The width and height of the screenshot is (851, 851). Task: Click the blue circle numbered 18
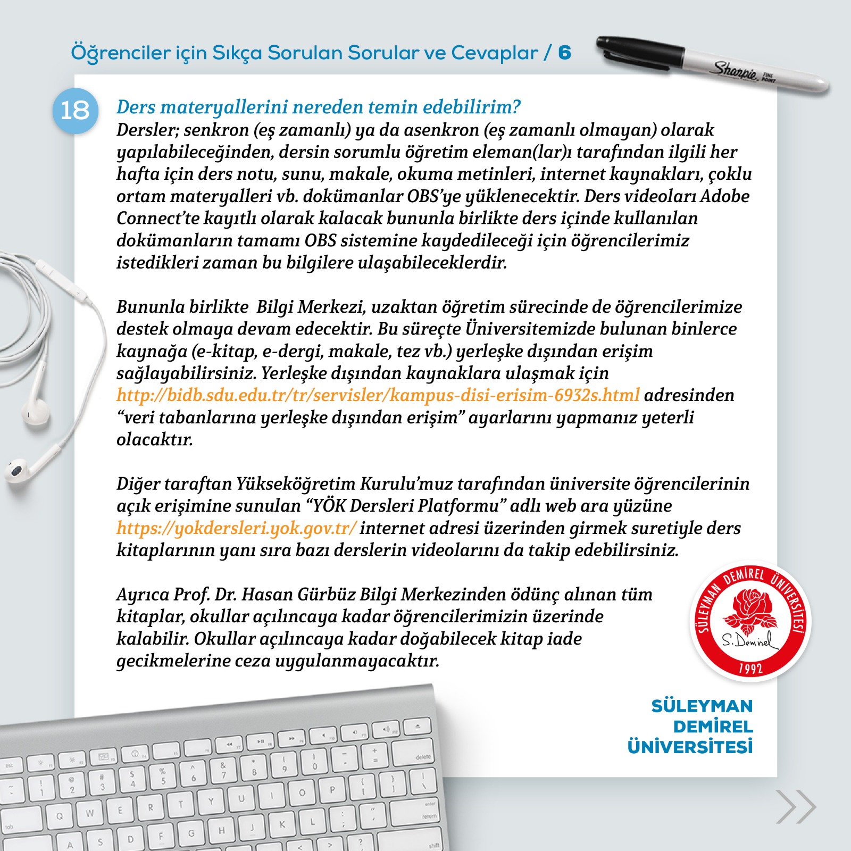point(75,111)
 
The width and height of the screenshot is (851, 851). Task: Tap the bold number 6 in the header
point(564,53)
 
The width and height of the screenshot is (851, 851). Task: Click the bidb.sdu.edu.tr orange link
point(378,395)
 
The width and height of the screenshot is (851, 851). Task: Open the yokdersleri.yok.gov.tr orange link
point(236,528)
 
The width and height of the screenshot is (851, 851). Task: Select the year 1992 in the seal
point(750,669)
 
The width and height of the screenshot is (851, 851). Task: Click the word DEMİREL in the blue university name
point(713,727)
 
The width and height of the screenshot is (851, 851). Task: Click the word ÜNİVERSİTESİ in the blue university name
point(690,747)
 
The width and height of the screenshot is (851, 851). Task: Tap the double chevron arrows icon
point(796,807)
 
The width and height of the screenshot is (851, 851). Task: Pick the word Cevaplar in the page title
point(495,53)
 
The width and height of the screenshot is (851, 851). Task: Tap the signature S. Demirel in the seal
point(749,641)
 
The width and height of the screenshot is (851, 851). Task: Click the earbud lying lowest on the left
point(19,470)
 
